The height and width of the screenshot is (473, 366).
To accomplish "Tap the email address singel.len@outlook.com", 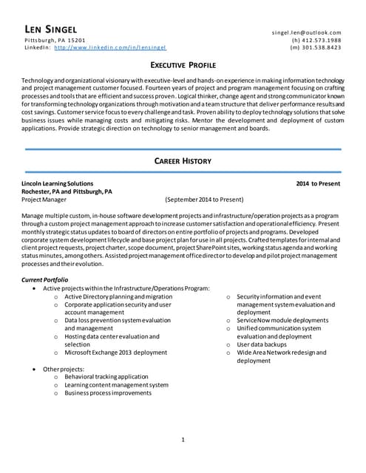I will [307, 33].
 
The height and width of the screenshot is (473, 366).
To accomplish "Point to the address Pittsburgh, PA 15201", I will [55, 40].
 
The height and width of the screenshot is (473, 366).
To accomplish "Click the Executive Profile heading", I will [183, 64].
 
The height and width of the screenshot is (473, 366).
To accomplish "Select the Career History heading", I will [183, 160].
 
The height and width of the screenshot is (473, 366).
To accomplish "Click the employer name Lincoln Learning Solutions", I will [58, 183].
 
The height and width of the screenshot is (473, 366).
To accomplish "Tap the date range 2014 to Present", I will [318, 183].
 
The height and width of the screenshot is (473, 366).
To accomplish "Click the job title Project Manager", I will [44, 199].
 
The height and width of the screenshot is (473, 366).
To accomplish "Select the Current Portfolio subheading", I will [44, 280].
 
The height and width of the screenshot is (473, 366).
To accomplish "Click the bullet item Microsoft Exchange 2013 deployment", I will [115, 353].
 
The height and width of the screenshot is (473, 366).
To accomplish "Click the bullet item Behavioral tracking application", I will [106, 376].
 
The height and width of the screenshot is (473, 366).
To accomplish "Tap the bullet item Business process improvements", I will [106, 393].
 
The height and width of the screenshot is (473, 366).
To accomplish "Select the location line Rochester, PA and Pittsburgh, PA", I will [67, 191].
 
